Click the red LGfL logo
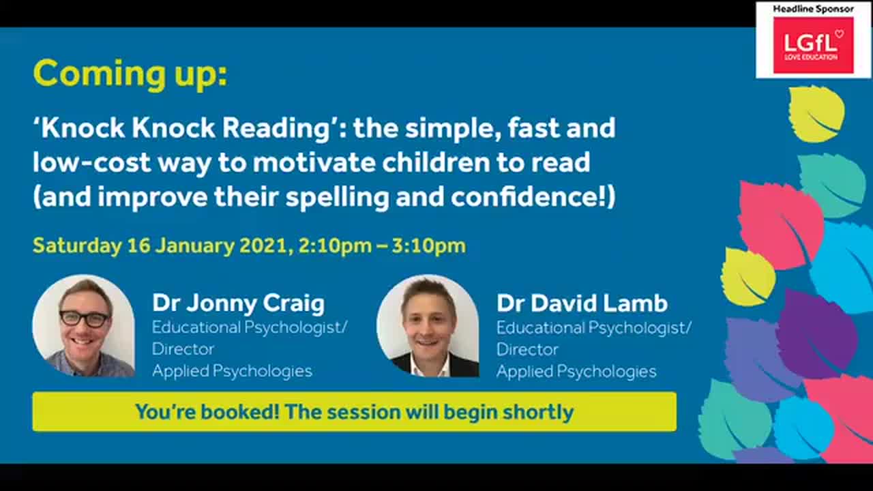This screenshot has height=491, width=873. (x=813, y=45)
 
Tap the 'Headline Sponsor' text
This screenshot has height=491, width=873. (x=813, y=8)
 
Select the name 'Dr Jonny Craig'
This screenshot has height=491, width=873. (x=238, y=303)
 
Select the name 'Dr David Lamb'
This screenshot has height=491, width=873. (x=582, y=303)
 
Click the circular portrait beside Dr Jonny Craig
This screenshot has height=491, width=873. (x=84, y=326)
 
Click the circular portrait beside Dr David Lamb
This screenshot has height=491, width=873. (x=428, y=326)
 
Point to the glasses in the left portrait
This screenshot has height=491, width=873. (x=84, y=318)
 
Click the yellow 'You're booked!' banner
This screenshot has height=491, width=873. (x=354, y=412)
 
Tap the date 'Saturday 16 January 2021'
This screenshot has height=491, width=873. (x=161, y=245)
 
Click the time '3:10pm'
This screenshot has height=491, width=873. (x=428, y=245)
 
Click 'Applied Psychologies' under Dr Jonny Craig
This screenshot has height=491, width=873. (x=232, y=371)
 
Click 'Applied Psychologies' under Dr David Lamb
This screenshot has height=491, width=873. (x=576, y=371)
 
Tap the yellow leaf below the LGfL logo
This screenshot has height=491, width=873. (x=816, y=113)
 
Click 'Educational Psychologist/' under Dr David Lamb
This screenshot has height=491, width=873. (x=593, y=327)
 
